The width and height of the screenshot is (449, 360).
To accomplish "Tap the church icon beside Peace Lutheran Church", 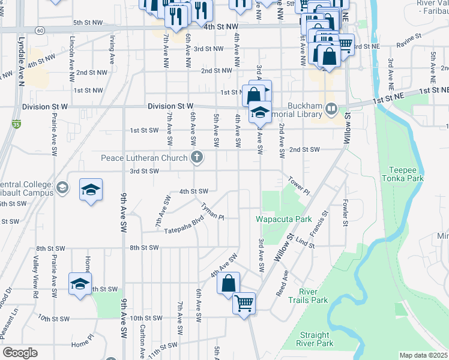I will [196, 158].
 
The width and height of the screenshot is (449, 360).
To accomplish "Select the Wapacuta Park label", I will [284, 219].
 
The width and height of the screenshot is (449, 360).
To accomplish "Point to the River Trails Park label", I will [308, 296].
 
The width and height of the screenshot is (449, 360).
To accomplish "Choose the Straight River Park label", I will [315, 339].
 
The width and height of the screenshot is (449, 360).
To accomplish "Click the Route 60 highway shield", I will [39, 29].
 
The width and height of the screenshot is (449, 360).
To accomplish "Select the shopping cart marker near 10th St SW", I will [244, 303].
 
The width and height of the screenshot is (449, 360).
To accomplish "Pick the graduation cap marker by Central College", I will [91, 190].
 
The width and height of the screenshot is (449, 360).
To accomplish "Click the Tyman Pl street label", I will [212, 211].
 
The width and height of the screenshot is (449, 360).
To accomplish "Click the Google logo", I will [20, 353].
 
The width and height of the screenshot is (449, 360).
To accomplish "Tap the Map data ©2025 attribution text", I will [423, 355].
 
